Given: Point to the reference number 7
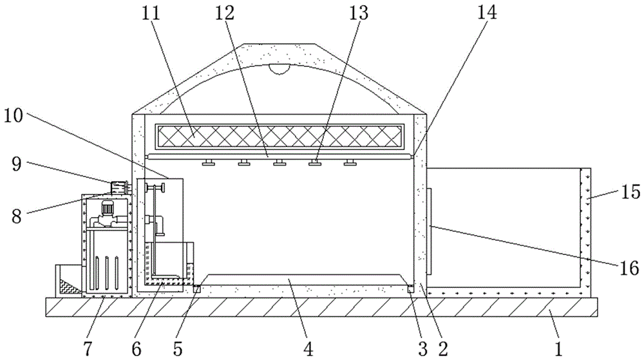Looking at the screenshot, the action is pyautogui.click(x=88, y=348).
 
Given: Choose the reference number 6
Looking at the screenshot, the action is pyautogui.click(x=136, y=348).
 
